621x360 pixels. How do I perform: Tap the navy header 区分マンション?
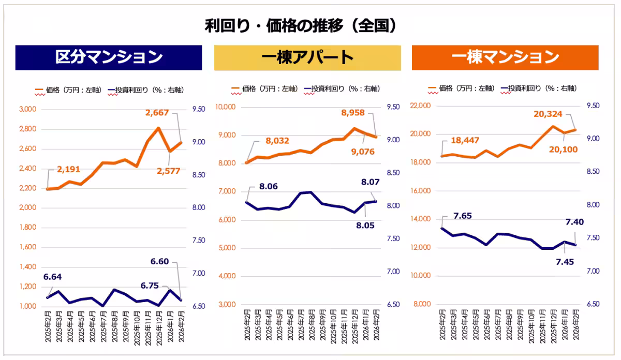point(109,57)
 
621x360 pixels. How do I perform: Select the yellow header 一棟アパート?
point(307,57)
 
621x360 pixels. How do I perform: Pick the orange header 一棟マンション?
point(505,57)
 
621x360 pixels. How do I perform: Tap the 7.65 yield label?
point(462,216)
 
